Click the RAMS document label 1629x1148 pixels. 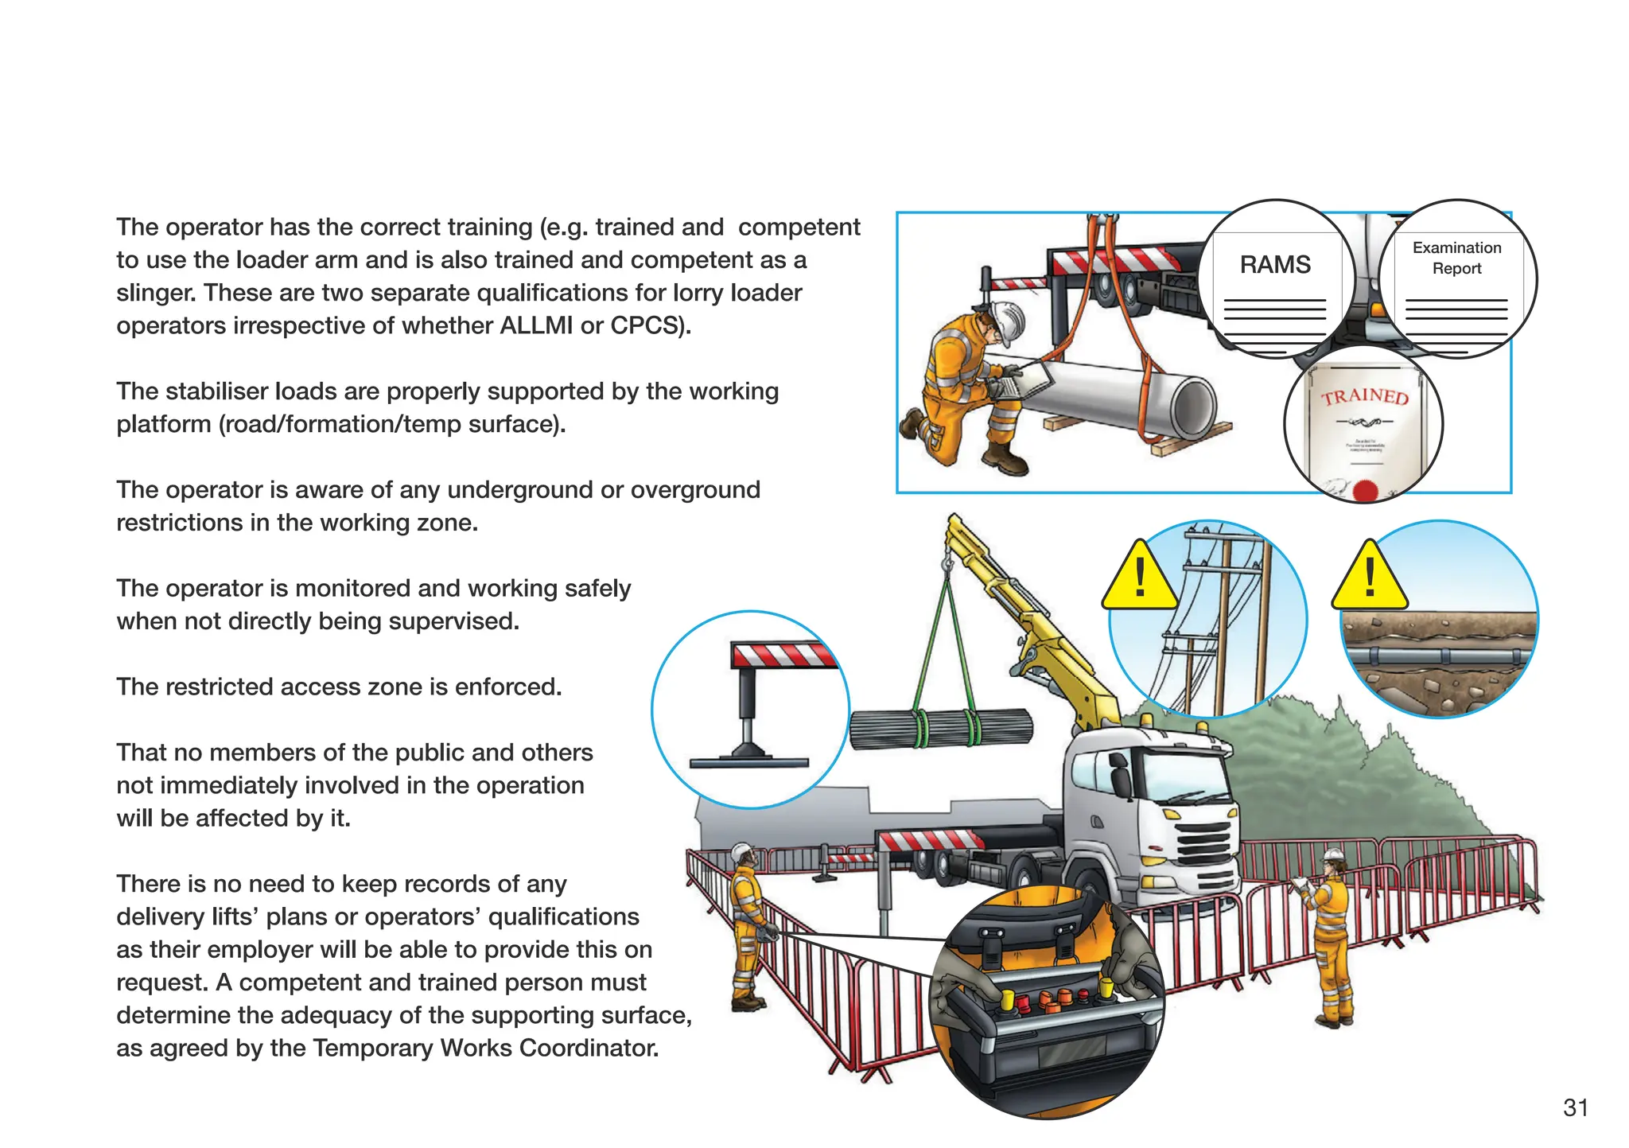pyautogui.click(x=1274, y=265)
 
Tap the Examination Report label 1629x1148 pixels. pyautogui.click(x=1456, y=258)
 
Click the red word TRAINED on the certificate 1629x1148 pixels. pyautogui.click(x=1365, y=396)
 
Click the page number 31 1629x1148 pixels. pyautogui.click(x=1575, y=1107)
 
